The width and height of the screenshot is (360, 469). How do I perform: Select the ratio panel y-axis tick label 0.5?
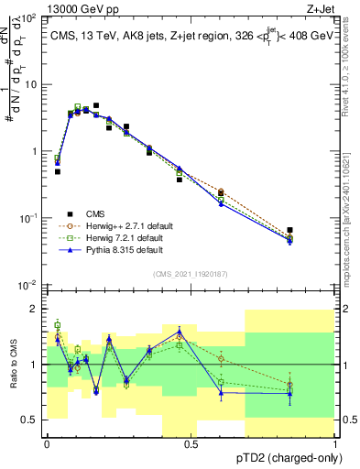coord(30,420)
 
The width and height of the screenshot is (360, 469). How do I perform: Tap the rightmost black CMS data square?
coord(289,230)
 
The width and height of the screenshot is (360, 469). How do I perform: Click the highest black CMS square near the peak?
coord(96,106)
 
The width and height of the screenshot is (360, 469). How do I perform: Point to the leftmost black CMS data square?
coord(57,171)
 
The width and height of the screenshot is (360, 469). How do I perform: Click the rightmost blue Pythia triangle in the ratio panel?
coord(289,394)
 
